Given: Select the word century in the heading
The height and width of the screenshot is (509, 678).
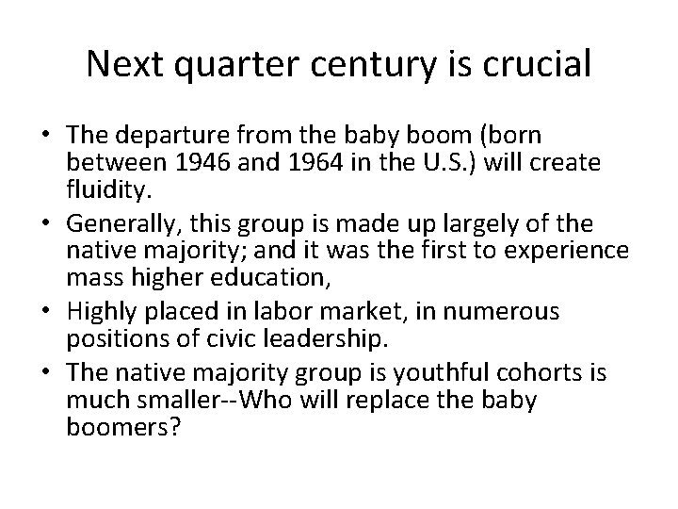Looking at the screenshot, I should coord(371,64).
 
